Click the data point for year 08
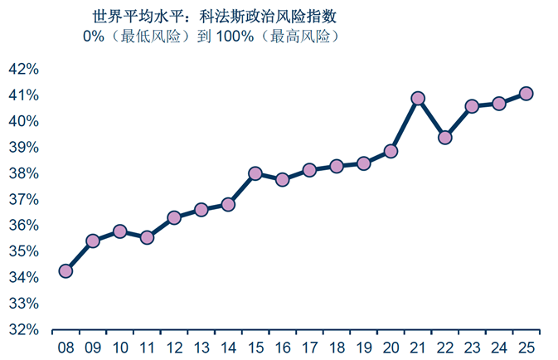coord(66,270)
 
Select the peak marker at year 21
coord(418,98)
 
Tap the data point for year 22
coord(445,137)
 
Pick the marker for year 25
coord(526,94)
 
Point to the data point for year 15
coord(255,173)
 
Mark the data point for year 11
coord(147,237)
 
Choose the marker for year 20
coord(391,151)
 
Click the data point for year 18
coord(337,166)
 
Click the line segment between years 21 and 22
coord(431,117)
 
